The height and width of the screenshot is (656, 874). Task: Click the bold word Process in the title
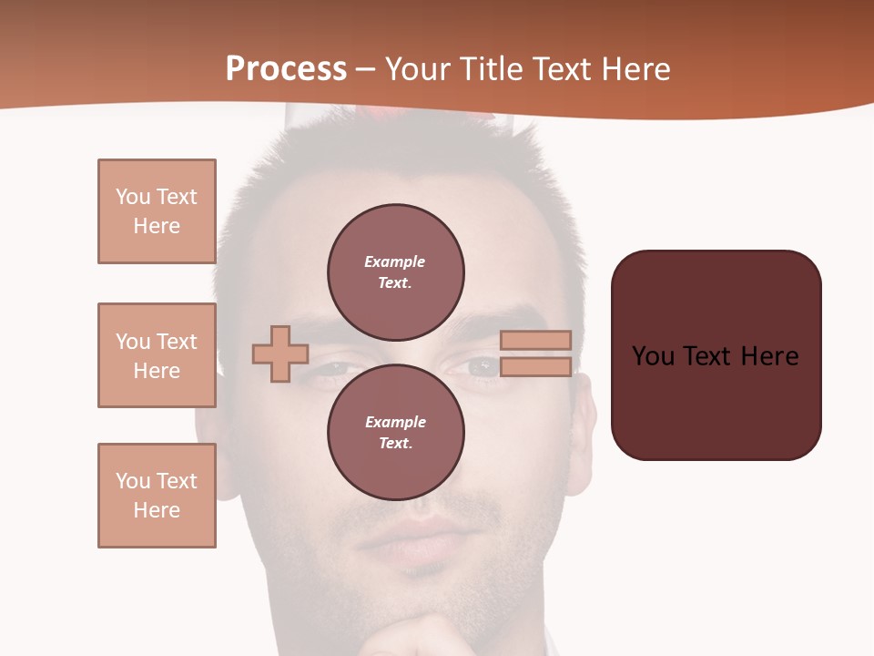click(286, 69)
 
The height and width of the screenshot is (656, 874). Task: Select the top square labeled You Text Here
click(157, 211)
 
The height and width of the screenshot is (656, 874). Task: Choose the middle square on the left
click(157, 355)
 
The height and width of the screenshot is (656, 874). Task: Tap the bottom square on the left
click(157, 495)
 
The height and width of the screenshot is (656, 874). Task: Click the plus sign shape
click(280, 353)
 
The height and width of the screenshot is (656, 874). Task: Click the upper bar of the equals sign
click(536, 340)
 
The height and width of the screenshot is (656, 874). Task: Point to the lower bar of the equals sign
click(536, 366)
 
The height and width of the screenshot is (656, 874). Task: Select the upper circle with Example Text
click(395, 272)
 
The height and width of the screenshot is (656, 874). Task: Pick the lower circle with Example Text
click(395, 432)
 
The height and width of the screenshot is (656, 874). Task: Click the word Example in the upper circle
click(394, 261)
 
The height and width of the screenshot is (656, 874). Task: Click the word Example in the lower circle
click(395, 422)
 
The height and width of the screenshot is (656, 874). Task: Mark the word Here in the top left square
click(157, 226)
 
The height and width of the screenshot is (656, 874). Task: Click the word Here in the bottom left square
click(157, 510)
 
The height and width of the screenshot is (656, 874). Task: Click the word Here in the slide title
click(635, 69)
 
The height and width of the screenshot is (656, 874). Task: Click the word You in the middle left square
click(132, 342)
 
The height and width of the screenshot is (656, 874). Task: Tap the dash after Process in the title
click(366, 70)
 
